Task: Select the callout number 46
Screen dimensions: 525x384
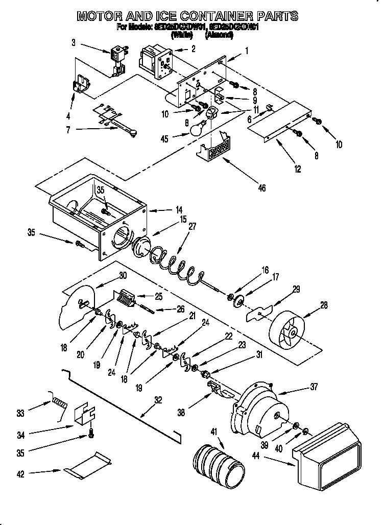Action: click(x=261, y=188)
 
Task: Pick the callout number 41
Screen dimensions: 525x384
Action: click(x=213, y=432)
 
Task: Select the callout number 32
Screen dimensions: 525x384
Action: click(x=157, y=400)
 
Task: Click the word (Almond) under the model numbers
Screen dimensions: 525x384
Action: click(x=219, y=35)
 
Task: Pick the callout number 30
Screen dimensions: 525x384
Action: click(x=122, y=274)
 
